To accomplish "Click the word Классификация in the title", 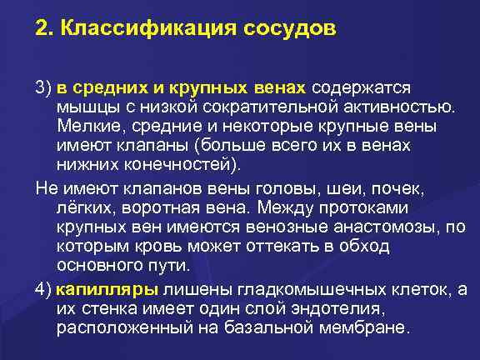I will (x=152, y=29).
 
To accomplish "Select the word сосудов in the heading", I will (x=289, y=29).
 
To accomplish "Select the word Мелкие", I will (x=84, y=125).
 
